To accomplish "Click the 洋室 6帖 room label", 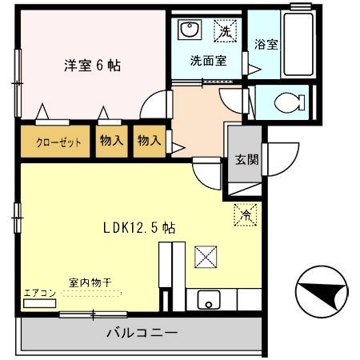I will [91, 66].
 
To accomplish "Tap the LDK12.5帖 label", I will [139, 228].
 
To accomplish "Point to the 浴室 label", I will [266, 45].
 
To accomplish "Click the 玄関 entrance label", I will [246, 158].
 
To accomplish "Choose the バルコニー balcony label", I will [139, 332].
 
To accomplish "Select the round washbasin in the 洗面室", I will [190, 31].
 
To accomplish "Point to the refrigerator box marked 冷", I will [246, 214].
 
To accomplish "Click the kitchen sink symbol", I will [209, 302].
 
